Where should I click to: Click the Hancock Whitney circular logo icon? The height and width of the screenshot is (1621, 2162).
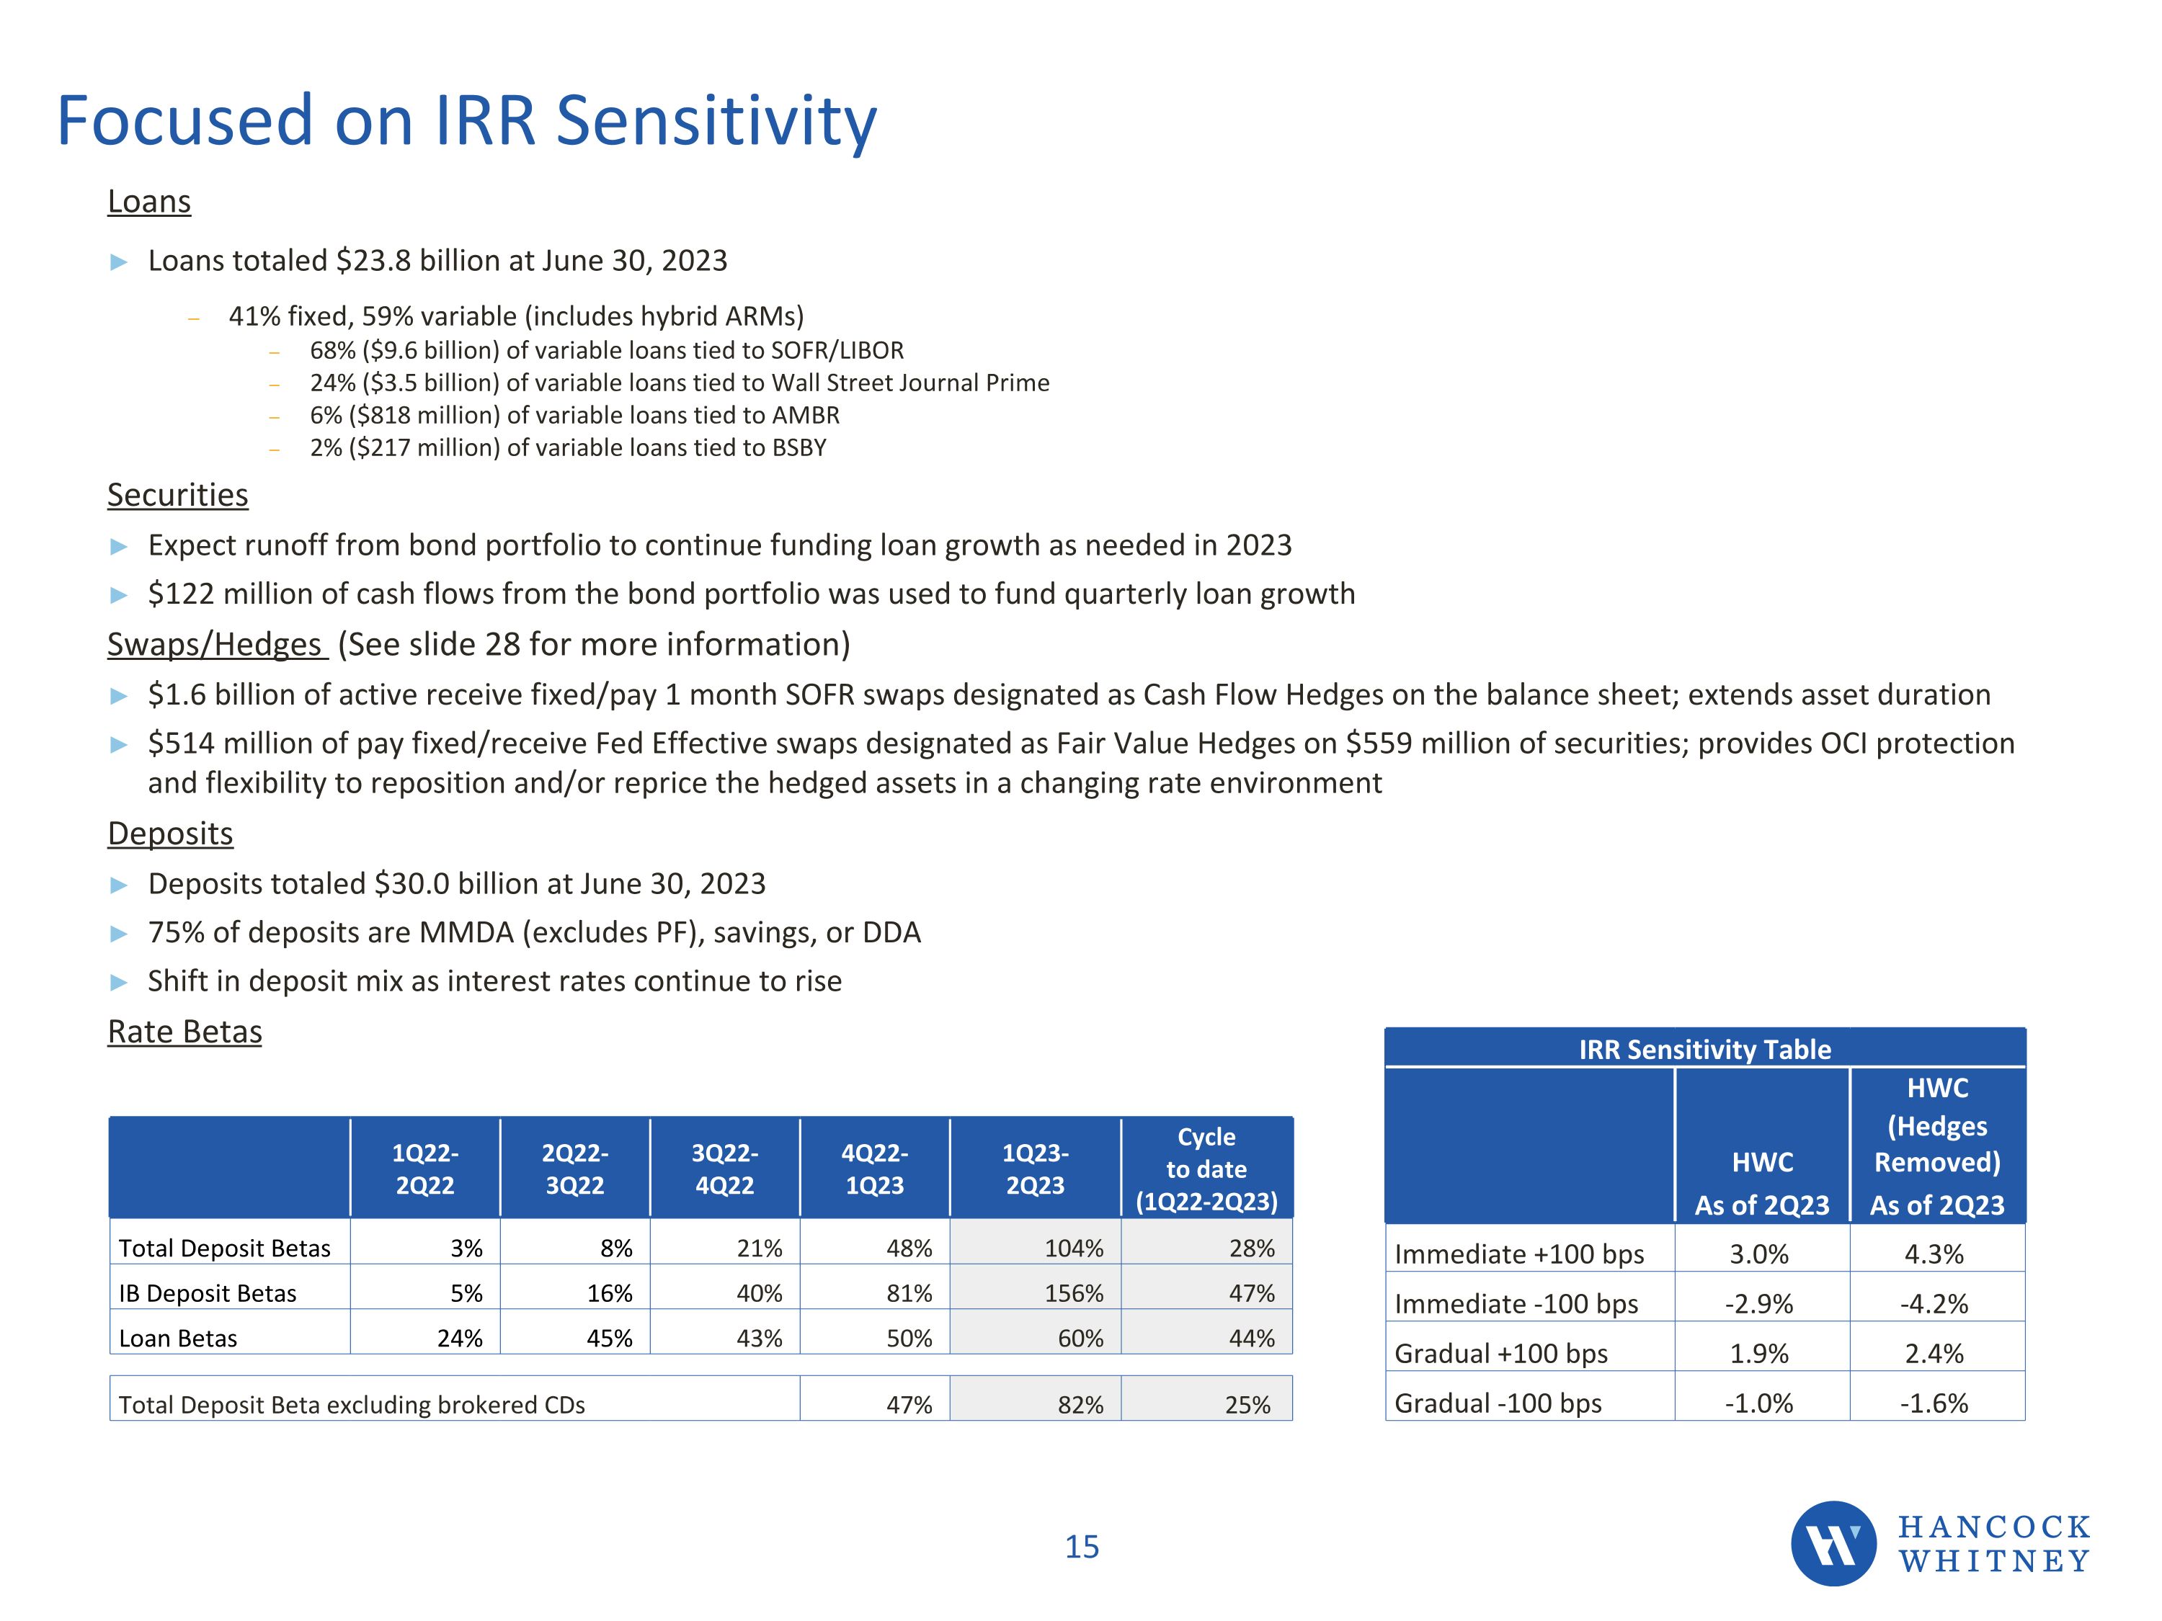pyautogui.click(x=1833, y=1543)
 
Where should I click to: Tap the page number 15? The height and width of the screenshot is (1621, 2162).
pyautogui.click(x=1081, y=1547)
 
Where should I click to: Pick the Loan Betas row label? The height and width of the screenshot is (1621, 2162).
pyautogui.click(x=178, y=1338)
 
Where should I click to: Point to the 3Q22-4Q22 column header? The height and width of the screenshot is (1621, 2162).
pyautogui.click(x=724, y=1169)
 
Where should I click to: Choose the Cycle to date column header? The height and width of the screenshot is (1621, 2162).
pyautogui.click(x=1206, y=1169)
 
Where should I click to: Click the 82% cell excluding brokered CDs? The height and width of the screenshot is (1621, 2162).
pyautogui.click(x=1080, y=1404)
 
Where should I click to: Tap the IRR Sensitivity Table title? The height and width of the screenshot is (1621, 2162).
pyautogui.click(x=1704, y=1050)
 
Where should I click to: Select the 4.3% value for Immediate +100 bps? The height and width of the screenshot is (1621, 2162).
pyautogui.click(x=1934, y=1254)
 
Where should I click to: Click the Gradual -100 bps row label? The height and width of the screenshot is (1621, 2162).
pyautogui.click(x=1498, y=1403)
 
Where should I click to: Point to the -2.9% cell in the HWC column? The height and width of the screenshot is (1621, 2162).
pyautogui.click(x=1758, y=1303)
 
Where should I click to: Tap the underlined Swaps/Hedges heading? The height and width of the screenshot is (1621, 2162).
pyautogui.click(x=215, y=645)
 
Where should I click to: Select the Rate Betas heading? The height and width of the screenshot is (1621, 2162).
pyautogui.click(x=184, y=1032)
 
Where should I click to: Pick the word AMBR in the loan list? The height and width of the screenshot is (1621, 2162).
pyautogui.click(x=806, y=415)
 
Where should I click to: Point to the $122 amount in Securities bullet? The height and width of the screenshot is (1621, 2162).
pyautogui.click(x=181, y=594)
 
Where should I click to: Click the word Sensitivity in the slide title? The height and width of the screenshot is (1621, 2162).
pyautogui.click(x=716, y=121)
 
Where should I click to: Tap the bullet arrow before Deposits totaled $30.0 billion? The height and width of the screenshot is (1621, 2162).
pyautogui.click(x=119, y=885)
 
